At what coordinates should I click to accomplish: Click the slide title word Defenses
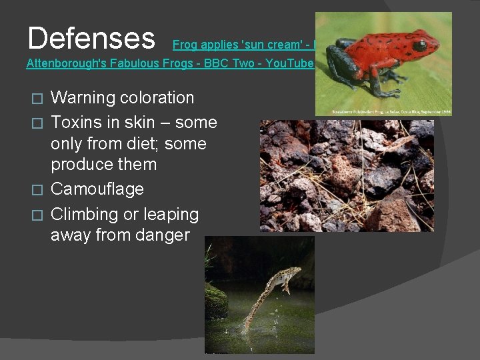[x=91, y=39]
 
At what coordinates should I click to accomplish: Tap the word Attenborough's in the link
[x=61, y=63]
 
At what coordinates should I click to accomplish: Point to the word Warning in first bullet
[x=83, y=98]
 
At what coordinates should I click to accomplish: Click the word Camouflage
[x=97, y=189]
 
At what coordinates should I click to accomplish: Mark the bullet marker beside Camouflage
[x=38, y=191]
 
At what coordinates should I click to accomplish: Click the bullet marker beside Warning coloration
[x=38, y=99]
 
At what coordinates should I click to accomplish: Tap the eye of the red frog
[x=419, y=46]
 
